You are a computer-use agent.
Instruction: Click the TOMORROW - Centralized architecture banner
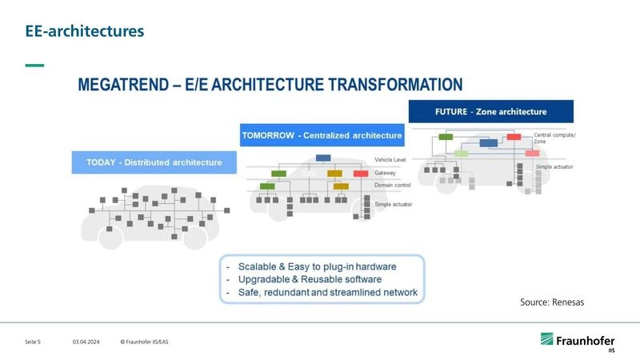pos(321,135)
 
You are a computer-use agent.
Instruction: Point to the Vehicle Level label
pos(390,160)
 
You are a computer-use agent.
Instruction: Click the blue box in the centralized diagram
pos(323,158)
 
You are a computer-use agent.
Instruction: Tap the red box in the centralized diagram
pos(360,173)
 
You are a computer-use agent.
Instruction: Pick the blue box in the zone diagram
pos(489,144)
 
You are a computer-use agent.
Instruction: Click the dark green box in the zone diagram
pos(446,137)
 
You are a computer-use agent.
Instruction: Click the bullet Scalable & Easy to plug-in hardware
pos(322,266)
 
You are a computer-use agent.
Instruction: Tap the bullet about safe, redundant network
pos(326,293)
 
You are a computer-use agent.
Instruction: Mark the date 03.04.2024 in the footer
pos(86,342)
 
